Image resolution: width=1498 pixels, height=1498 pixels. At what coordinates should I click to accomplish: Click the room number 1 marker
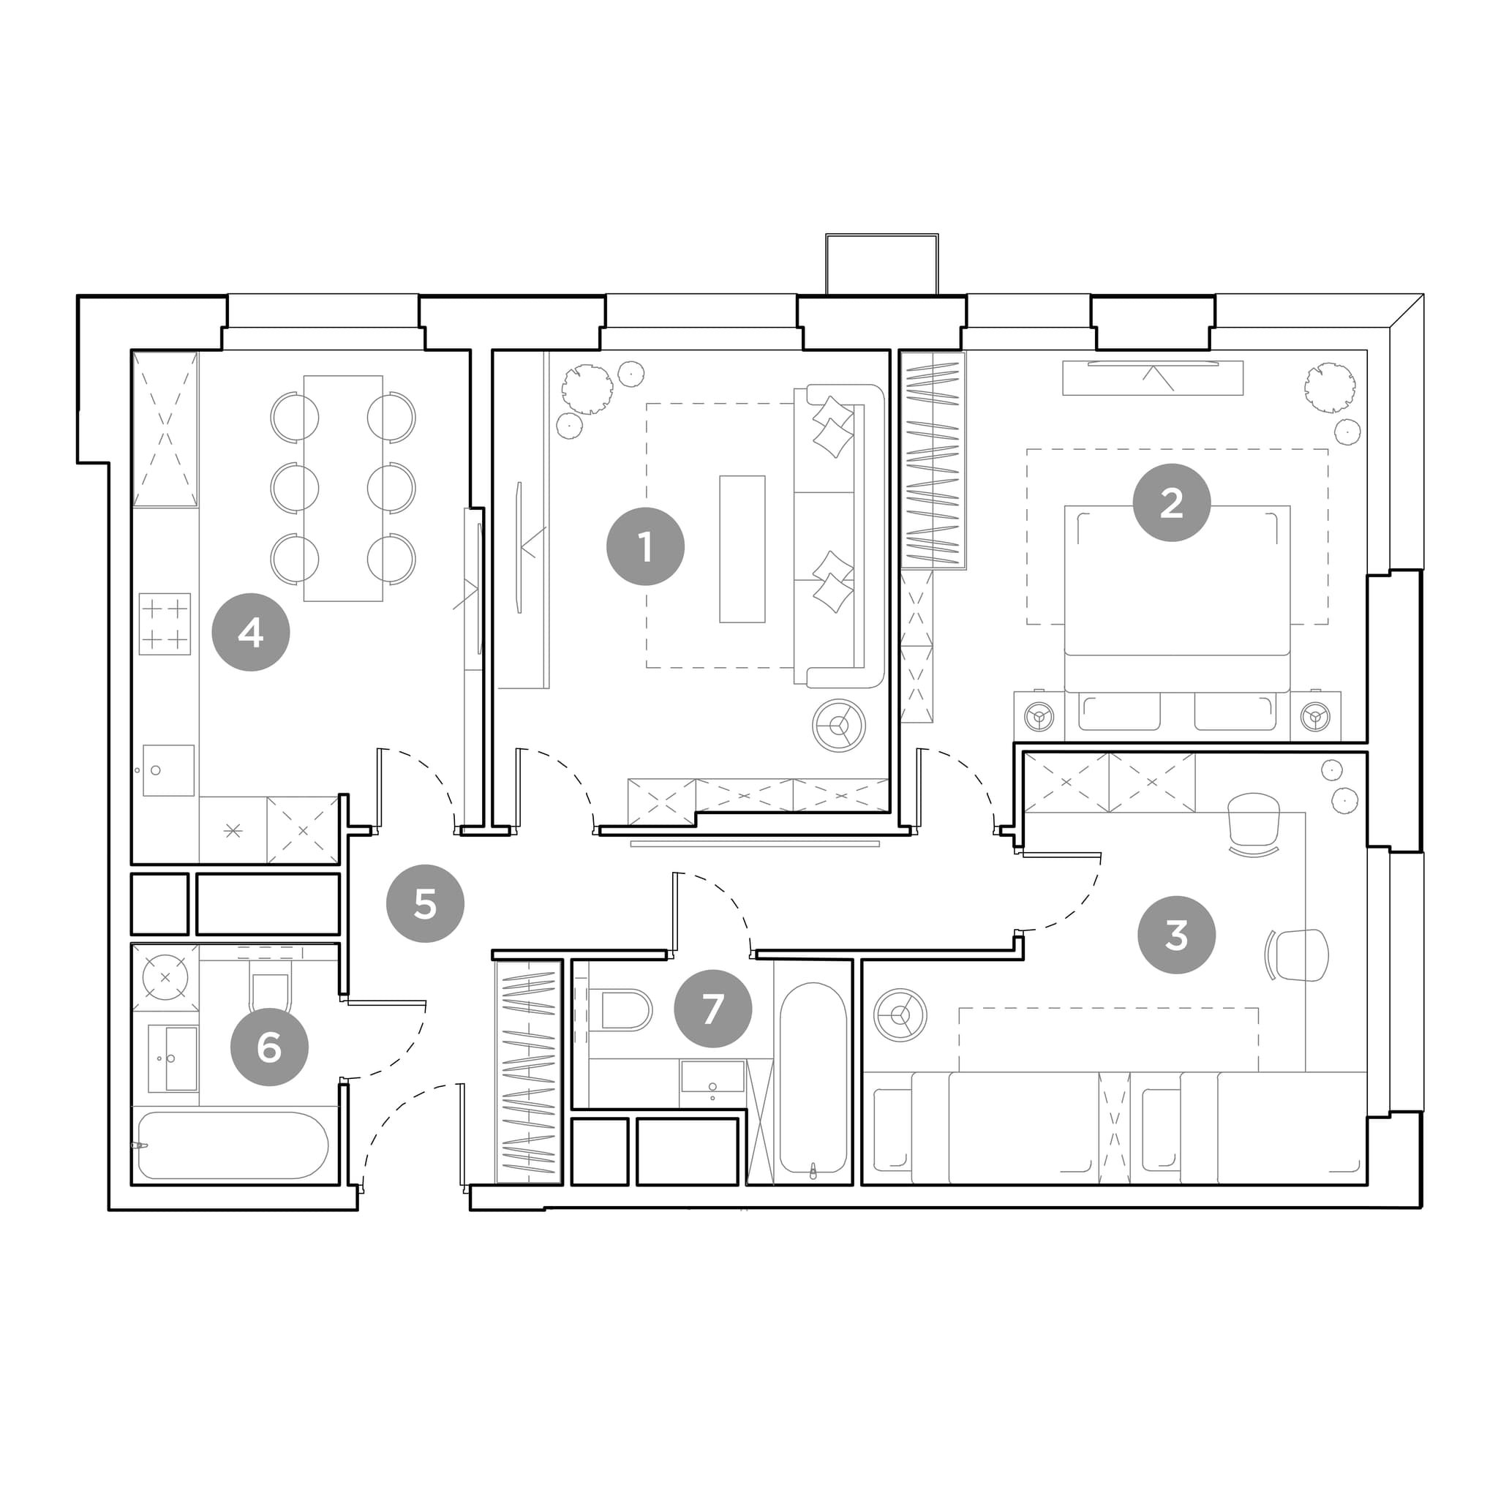645,546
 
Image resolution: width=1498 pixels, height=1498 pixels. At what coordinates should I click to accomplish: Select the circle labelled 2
1172,503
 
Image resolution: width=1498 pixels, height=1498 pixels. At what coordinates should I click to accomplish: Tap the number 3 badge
1176,935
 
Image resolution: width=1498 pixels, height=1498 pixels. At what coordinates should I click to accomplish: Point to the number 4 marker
250,633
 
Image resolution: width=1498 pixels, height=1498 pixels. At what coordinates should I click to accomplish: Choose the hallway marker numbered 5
425,903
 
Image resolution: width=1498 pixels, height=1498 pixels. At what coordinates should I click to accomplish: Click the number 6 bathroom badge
269,1047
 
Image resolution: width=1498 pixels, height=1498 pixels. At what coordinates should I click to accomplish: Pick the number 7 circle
712,1009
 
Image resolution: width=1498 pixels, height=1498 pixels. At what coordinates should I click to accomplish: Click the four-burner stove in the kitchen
165,624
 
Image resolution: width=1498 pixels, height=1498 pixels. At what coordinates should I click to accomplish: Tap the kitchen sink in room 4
168,771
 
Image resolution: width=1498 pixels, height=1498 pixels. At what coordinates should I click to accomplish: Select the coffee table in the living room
742,549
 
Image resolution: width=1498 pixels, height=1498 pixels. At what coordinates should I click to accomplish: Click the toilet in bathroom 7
620,1010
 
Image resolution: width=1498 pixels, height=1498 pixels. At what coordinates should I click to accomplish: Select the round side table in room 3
900,1015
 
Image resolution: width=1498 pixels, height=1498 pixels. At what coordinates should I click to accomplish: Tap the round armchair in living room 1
838,726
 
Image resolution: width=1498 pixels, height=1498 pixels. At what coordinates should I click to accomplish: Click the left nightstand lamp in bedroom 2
1039,715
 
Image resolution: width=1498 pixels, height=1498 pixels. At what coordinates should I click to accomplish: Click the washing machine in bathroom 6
165,978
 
